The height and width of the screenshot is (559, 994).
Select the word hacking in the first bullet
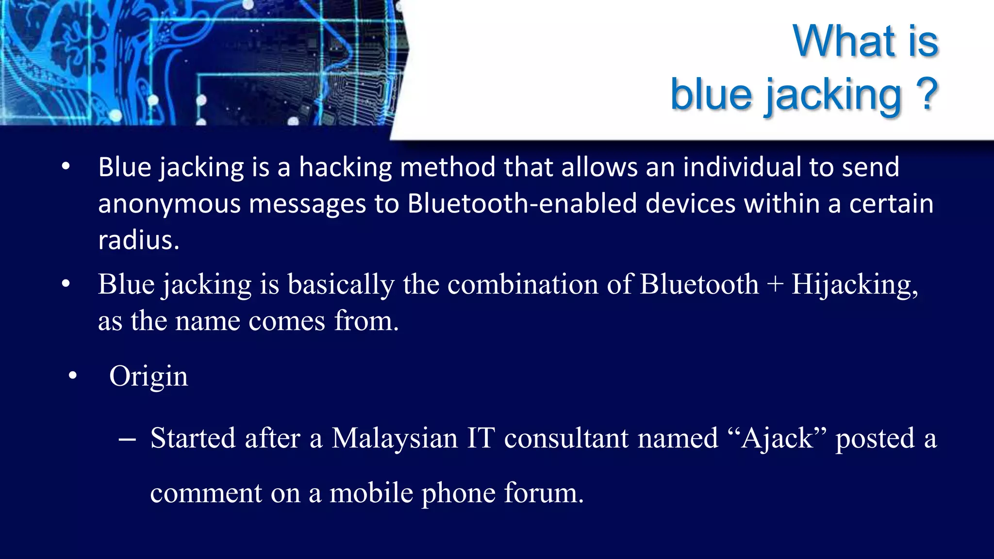tap(345, 167)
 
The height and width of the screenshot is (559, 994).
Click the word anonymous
tap(169, 204)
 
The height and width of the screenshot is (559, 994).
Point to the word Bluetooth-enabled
tap(522, 203)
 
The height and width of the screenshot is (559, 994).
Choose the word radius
tap(138, 240)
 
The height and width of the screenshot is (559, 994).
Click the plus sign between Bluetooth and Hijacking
tap(775, 284)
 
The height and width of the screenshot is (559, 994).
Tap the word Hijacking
tap(854, 285)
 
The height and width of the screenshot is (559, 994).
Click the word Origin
tap(149, 377)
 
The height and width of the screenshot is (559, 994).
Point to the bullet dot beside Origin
tap(73, 376)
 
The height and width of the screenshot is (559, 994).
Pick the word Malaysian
tap(395, 438)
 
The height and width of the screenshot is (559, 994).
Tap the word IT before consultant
tap(480, 438)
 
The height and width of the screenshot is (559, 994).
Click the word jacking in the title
tap(833, 95)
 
